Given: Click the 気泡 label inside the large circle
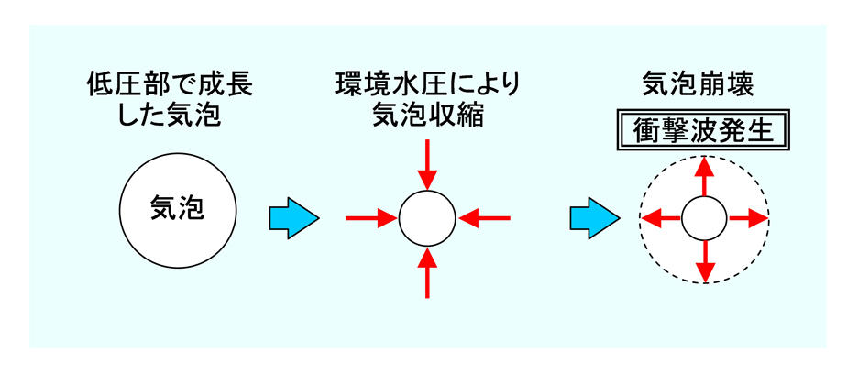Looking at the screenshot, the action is (177, 208).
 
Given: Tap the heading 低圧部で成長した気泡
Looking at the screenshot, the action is (170, 101).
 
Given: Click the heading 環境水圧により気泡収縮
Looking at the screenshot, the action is (427, 101).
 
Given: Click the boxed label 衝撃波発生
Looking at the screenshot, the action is (704, 130).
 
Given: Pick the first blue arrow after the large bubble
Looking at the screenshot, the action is (294, 218).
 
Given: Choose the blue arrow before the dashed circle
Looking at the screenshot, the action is (595, 218).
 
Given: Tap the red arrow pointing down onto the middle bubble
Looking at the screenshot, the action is (427, 164).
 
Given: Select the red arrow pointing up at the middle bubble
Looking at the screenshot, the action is (427, 273).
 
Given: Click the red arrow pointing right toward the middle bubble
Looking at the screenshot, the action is (371, 218).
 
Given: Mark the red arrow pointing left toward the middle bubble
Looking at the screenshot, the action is (484, 218).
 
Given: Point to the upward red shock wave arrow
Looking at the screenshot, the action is (705, 176).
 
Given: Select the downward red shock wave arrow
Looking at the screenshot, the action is (705, 261).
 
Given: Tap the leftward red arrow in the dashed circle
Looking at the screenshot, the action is (661, 218).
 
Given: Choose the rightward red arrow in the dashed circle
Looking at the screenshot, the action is (748, 218).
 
